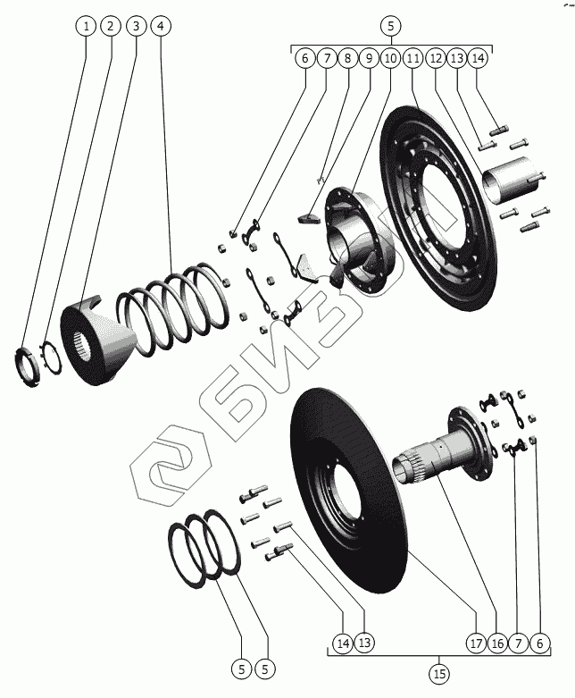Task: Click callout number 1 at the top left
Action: pyautogui.click(x=87, y=26)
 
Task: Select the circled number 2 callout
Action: pyautogui.click(x=111, y=26)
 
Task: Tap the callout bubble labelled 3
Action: pyautogui.click(x=135, y=26)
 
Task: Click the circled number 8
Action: pyautogui.click(x=347, y=58)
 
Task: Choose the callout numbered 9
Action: pyautogui.click(x=369, y=58)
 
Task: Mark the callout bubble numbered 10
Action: pyautogui.click(x=390, y=58)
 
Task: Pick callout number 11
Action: pyautogui.click(x=412, y=58)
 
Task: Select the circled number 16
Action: pyautogui.click(x=497, y=643)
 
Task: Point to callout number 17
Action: pyautogui.click(x=475, y=643)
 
